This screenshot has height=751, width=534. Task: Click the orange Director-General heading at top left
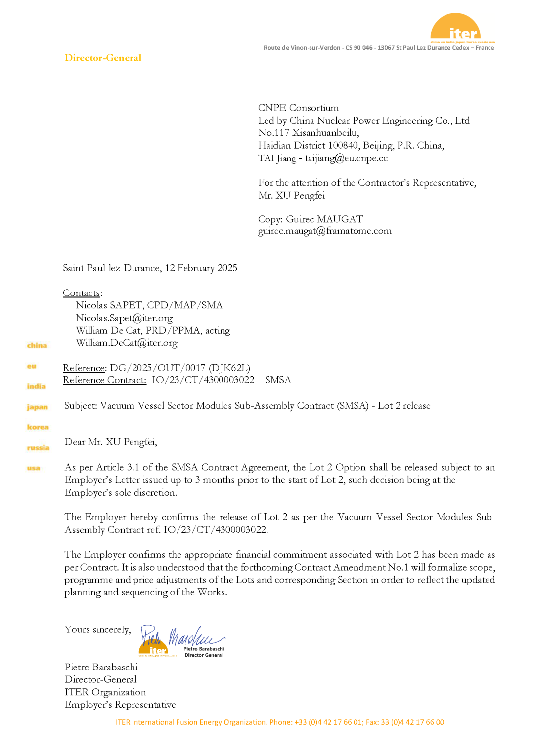coord(103,58)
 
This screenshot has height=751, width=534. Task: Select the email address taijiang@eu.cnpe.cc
coord(346,158)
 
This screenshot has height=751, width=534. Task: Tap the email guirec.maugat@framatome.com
coord(324,231)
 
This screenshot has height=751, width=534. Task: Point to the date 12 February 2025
coord(201,268)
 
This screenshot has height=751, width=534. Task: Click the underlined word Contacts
coord(82,293)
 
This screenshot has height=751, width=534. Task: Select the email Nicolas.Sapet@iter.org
coord(124,318)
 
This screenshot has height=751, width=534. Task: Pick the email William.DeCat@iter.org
coord(127,343)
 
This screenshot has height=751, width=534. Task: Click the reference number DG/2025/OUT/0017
coord(157,368)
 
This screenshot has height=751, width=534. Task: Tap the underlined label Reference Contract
coord(104,380)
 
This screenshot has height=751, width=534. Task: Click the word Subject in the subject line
coord(81,406)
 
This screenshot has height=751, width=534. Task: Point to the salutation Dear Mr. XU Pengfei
coord(111,442)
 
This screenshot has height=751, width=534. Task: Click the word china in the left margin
coord(37,345)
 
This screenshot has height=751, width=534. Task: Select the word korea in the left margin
coord(38,427)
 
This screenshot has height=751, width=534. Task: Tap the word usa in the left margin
coord(34,468)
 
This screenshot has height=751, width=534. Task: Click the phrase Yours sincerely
coord(97,629)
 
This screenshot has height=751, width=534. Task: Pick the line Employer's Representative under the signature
coord(120,705)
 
